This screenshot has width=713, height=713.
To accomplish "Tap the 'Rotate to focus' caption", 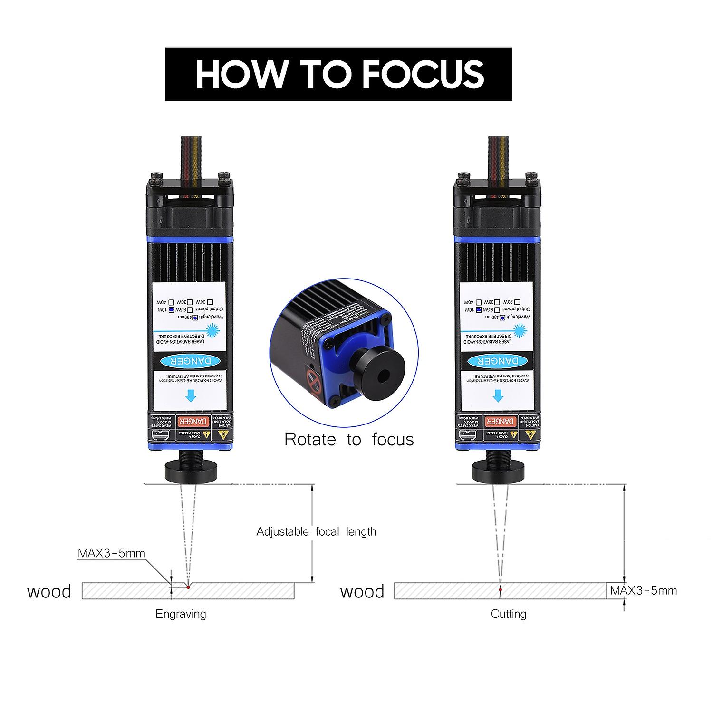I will pyautogui.click(x=349, y=440).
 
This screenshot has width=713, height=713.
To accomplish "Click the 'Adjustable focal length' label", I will pyautogui.click(x=316, y=531).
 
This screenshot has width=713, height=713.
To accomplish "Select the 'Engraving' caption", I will pyautogui.click(x=181, y=614).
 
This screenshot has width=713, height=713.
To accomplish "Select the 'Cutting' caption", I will pyautogui.click(x=508, y=614).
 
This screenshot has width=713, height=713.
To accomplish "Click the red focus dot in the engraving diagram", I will pyautogui.click(x=188, y=588).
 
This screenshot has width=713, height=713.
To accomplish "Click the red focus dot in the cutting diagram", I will pyautogui.click(x=500, y=590).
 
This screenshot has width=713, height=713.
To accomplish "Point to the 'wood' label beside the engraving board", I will pyautogui.click(x=49, y=592).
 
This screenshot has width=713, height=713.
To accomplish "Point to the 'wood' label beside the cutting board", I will pyautogui.click(x=362, y=592).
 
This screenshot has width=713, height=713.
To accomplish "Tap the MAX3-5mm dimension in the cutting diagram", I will pyautogui.click(x=643, y=591).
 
